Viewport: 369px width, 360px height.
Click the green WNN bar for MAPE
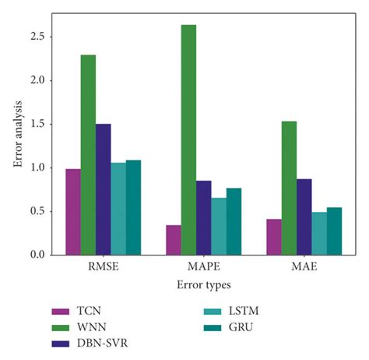[188, 140]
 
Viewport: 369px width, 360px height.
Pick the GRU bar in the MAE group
[334, 231]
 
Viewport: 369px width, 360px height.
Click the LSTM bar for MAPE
[219, 227]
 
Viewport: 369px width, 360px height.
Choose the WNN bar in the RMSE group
[88, 155]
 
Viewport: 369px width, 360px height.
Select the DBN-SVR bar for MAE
[304, 217]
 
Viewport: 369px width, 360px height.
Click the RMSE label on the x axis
[104, 268]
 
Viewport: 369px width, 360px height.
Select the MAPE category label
[204, 268]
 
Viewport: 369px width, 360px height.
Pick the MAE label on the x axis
[304, 268]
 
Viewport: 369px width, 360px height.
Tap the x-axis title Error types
[203, 285]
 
